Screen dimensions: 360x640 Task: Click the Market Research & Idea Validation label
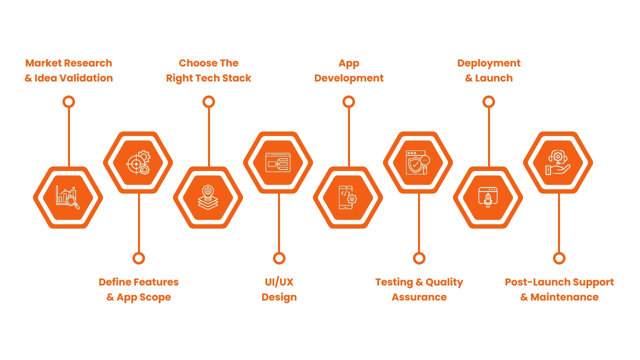point(68,70)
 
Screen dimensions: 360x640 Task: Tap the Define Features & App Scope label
point(138,289)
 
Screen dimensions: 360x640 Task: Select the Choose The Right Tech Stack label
point(208,70)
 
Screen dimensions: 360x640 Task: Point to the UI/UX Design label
point(279,289)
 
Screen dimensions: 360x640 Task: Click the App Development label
point(348,70)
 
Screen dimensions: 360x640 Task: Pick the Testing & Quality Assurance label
point(419,289)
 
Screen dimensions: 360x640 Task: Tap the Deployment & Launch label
point(488,70)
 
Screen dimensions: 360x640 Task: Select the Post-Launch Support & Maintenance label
point(559,289)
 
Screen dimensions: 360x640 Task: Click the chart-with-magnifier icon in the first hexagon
point(68,197)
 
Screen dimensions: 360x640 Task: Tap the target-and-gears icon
point(138,162)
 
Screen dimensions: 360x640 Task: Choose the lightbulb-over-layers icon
point(208,197)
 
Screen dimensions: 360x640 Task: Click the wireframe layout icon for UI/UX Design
point(278,162)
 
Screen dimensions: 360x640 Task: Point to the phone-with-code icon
point(348,197)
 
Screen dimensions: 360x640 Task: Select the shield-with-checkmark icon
point(418,162)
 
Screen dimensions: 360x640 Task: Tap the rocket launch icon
point(488,197)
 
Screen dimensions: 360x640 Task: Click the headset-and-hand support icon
point(558,162)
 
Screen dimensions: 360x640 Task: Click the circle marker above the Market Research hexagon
point(68,102)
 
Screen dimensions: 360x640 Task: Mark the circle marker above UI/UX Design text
point(279,258)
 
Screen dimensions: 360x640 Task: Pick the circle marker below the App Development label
point(348,102)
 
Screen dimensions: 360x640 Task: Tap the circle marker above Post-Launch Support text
point(559,258)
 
